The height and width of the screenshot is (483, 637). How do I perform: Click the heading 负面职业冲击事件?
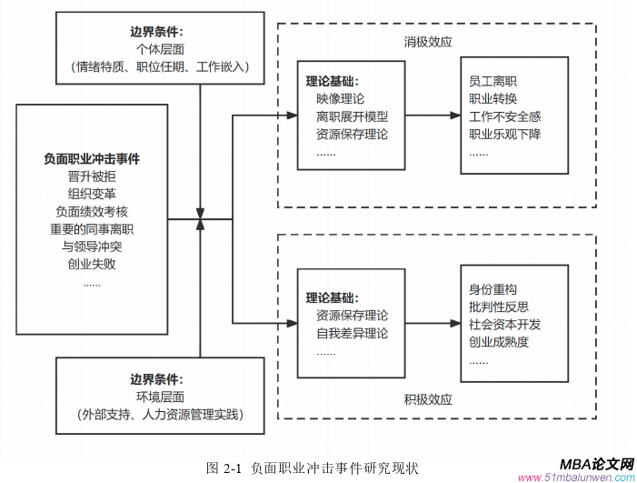(x=92, y=158)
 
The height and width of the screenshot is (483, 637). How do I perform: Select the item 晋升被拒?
(x=92, y=176)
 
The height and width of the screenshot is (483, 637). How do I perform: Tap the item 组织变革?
(x=92, y=194)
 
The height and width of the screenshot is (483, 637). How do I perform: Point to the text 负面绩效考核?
(x=92, y=211)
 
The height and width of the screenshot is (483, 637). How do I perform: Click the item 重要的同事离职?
(x=92, y=228)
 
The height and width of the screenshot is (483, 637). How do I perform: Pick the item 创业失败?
(x=92, y=264)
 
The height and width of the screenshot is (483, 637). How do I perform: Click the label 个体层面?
(x=160, y=50)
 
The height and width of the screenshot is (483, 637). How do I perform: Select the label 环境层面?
(x=160, y=397)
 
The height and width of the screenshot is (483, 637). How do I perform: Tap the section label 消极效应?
(x=428, y=42)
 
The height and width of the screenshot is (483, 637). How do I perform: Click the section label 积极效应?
(x=428, y=399)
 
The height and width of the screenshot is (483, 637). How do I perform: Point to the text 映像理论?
(x=341, y=98)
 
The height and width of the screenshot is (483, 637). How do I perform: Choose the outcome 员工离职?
(x=493, y=81)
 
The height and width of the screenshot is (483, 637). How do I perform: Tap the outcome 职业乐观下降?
(x=503, y=134)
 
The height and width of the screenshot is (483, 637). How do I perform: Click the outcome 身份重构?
(x=493, y=289)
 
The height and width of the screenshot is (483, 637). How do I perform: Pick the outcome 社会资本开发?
(x=503, y=325)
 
